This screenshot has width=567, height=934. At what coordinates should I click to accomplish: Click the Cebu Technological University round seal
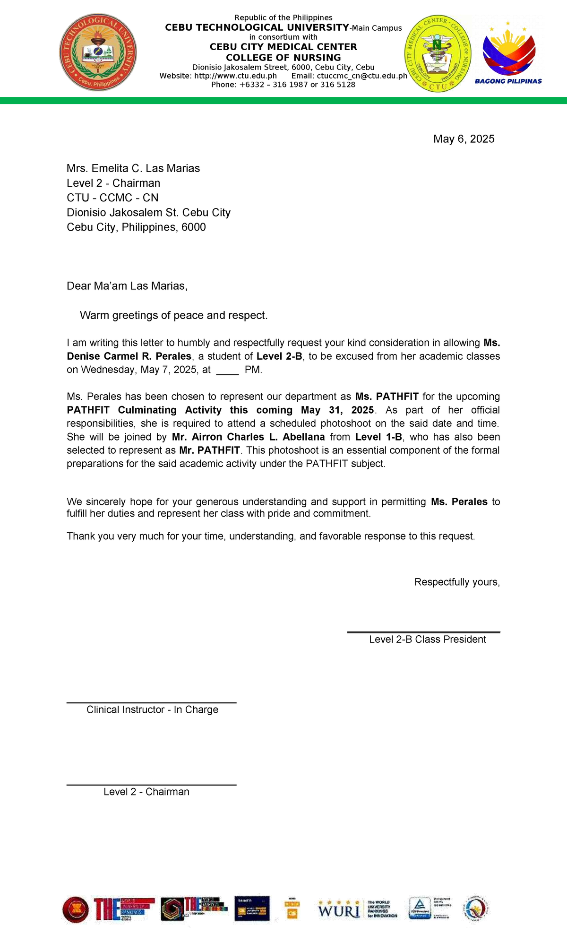point(98,52)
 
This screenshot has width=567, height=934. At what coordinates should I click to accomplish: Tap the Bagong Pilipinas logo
point(508,53)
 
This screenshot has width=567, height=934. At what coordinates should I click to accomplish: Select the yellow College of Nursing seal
point(438,53)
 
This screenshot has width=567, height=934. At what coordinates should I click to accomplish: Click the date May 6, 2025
point(464,138)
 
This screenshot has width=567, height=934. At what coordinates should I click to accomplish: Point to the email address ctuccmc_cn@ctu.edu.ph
point(362,76)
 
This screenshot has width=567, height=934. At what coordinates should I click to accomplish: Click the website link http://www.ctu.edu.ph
point(236,76)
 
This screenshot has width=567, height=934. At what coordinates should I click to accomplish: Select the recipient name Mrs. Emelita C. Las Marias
point(133,168)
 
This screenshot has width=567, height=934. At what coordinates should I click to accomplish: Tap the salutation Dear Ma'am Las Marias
point(127,285)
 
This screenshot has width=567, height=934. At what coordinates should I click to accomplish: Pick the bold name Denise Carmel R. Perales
point(129,356)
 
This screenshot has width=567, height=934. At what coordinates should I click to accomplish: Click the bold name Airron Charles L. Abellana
point(248,437)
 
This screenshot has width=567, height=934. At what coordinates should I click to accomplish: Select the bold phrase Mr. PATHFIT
point(209,450)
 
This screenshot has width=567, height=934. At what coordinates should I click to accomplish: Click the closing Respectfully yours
point(456,582)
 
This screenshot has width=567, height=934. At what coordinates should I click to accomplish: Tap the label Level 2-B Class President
point(427,639)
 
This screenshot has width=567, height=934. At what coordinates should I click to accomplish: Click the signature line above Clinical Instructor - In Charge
point(151,702)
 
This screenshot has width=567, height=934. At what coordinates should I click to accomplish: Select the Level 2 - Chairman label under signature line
point(146,791)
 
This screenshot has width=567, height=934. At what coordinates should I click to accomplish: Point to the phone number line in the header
point(283,85)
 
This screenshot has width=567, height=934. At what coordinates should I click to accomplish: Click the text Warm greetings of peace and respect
point(173,315)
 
